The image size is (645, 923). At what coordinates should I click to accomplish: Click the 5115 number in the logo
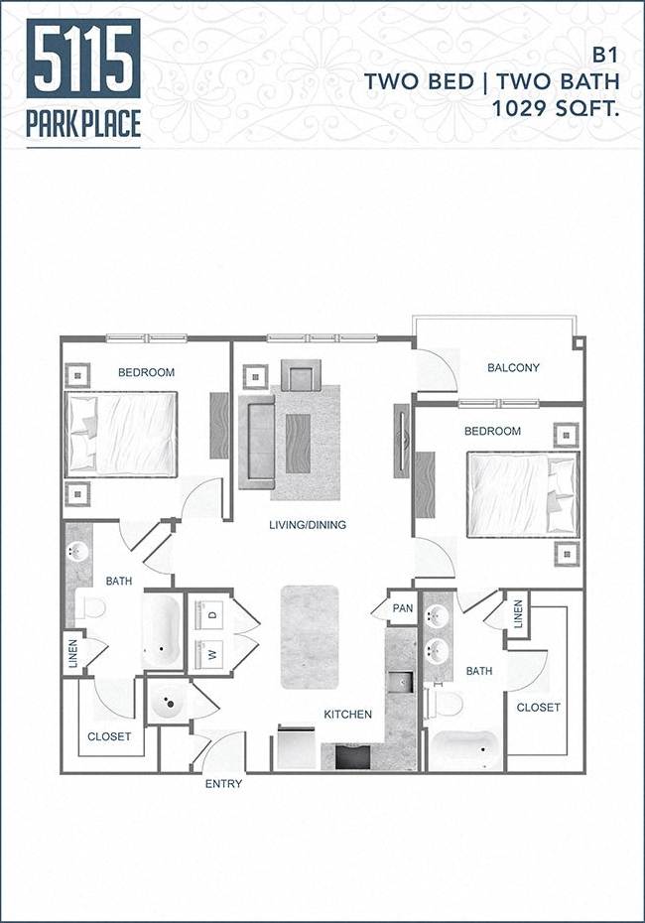tap(83, 61)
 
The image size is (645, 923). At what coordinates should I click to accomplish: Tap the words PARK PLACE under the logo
tap(83, 124)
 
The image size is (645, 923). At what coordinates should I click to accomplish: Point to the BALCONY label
tap(513, 368)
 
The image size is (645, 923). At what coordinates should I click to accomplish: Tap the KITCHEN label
tap(347, 714)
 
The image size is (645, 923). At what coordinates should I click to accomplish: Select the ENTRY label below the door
tap(223, 783)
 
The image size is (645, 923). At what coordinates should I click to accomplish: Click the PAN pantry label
tap(402, 608)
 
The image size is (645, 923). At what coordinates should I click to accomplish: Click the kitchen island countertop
tap(310, 636)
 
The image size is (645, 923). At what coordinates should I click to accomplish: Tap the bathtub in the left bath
tap(161, 631)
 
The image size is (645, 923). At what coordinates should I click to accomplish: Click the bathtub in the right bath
tap(464, 749)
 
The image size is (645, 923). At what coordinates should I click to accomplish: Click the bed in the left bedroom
tap(121, 433)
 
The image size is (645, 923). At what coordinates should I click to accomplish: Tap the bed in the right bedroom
tap(522, 494)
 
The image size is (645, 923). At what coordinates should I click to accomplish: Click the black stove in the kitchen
tap(352, 756)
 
